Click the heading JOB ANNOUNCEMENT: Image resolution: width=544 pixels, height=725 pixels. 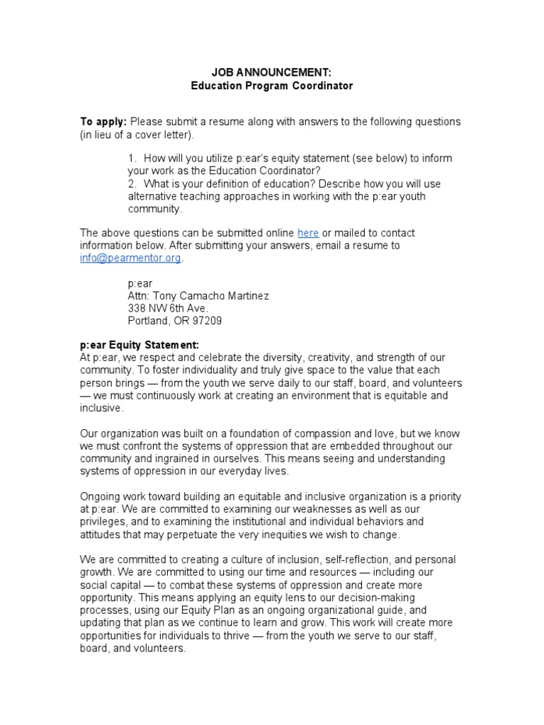click(271, 72)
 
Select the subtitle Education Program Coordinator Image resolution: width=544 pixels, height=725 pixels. click(271, 86)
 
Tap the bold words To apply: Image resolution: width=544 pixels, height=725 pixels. click(103, 122)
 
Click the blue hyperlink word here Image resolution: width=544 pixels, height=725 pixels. click(308, 233)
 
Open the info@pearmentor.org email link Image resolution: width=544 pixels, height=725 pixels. click(130, 258)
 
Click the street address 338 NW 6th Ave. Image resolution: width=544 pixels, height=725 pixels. click(168, 308)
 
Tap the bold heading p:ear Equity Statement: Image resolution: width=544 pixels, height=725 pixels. click(140, 345)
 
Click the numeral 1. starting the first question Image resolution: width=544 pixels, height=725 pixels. click(132, 158)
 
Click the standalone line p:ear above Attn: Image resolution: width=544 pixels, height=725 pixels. click(140, 282)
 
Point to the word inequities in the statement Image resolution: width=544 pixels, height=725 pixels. click(283, 535)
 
